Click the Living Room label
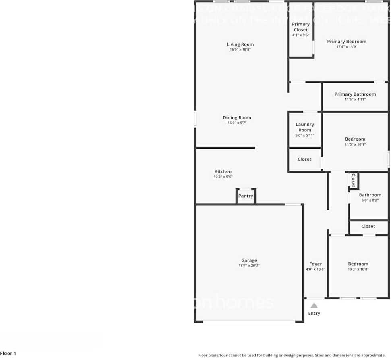pos(240,44)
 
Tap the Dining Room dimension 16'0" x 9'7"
pos(237,123)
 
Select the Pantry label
pos(246,196)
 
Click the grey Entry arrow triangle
pos(314,305)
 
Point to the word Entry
pos(314,313)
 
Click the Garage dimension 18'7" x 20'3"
pos(249,266)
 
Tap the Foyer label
pos(315,264)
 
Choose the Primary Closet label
pos(301,27)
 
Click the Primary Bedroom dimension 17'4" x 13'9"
pos(347,47)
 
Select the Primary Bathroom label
pos(355,94)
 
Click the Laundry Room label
pos(305,127)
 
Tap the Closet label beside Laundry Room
pos(304,159)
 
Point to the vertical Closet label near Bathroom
pos(353,180)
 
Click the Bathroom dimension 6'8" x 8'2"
pos(370,200)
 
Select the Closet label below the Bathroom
pos(368,226)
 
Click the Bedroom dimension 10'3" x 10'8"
pos(358,269)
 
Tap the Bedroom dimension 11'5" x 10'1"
pos(355,144)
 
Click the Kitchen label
pos(223,171)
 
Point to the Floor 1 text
pos(8,354)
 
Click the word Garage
pos(249,260)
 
